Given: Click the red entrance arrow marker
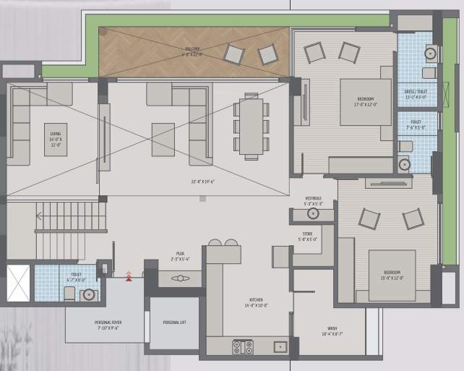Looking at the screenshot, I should click(x=129, y=275).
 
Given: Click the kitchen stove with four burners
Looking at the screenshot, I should click(x=242, y=347).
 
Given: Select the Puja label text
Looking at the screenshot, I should click(x=178, y=254).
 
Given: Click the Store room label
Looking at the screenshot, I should click(x=308, y=236).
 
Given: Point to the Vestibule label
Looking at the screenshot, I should click(x=312, y=200).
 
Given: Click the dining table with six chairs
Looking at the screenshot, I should click(x=251, y=126).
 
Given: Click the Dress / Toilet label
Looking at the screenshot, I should click(x=417, y=91).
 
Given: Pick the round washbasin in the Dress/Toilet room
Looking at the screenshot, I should click(x=430, y=53).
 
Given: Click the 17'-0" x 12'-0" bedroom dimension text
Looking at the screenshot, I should click(x=366, y=103).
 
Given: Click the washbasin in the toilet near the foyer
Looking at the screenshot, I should click(x=88, y=294).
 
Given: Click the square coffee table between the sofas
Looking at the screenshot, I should click(x=163, y=140).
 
